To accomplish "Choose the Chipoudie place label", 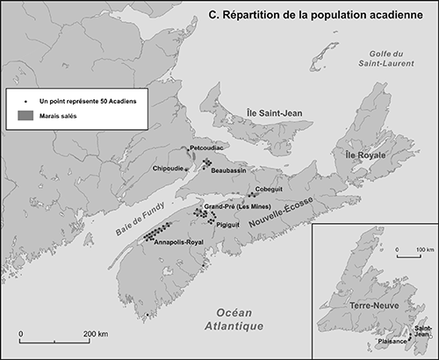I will coord(171,168).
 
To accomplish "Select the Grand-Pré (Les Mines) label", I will coord(235,207).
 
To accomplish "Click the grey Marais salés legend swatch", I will coord(26,117).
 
